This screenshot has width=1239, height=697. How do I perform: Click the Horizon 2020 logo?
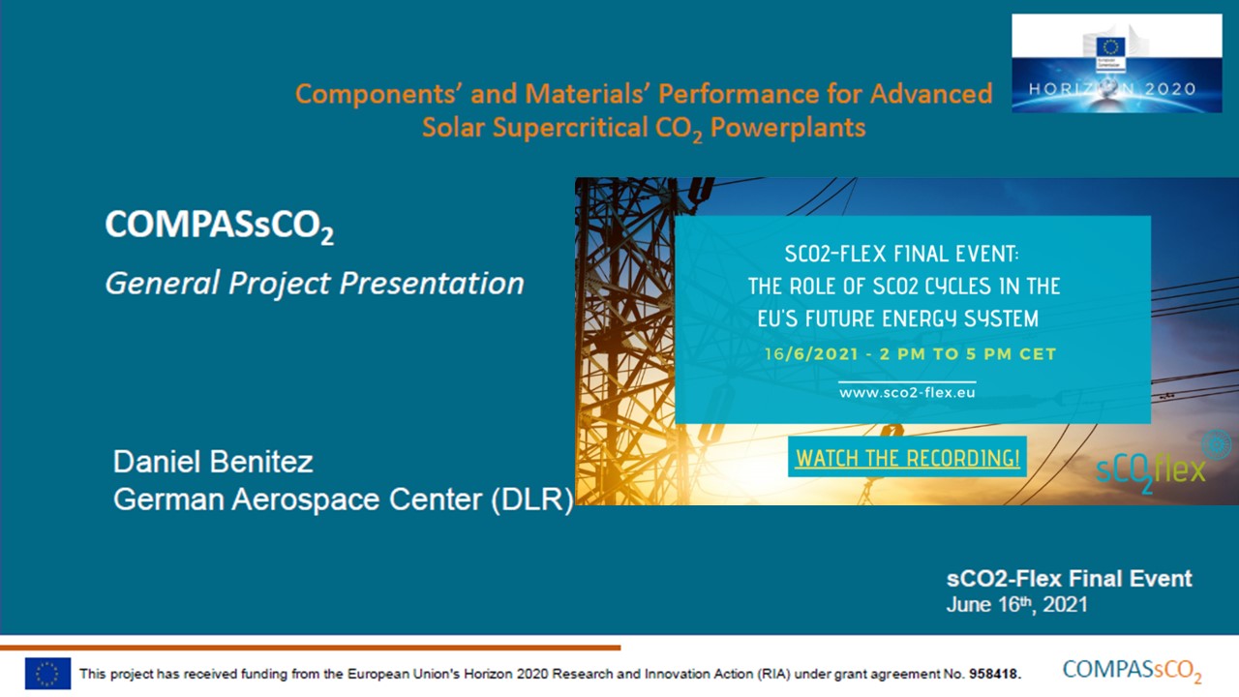point(1117,63)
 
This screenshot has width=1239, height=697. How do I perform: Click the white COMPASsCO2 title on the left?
point(220,226)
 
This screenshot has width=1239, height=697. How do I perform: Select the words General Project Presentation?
point(315,284)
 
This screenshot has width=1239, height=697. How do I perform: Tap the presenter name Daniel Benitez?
point(213,462)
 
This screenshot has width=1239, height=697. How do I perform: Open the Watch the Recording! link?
point(907,458)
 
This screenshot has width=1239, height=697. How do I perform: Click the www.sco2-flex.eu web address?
point(907,392)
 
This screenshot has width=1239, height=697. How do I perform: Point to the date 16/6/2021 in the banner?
point(811,354)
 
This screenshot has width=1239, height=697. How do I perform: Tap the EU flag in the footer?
point(48,673)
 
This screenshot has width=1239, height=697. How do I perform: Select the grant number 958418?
point(994,674)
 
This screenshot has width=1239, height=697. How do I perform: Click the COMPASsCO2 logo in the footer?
point(1132,671)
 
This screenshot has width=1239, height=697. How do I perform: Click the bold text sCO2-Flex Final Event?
point(1070,579)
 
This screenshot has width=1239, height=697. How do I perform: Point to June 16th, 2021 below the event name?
point(1016,604)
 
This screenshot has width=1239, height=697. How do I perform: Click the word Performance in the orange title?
point(739,94)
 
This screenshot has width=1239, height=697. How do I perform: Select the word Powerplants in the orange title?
point(788,128)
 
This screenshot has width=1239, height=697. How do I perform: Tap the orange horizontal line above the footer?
point(311,648)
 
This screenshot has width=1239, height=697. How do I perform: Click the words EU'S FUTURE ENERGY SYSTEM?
point(898,319)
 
